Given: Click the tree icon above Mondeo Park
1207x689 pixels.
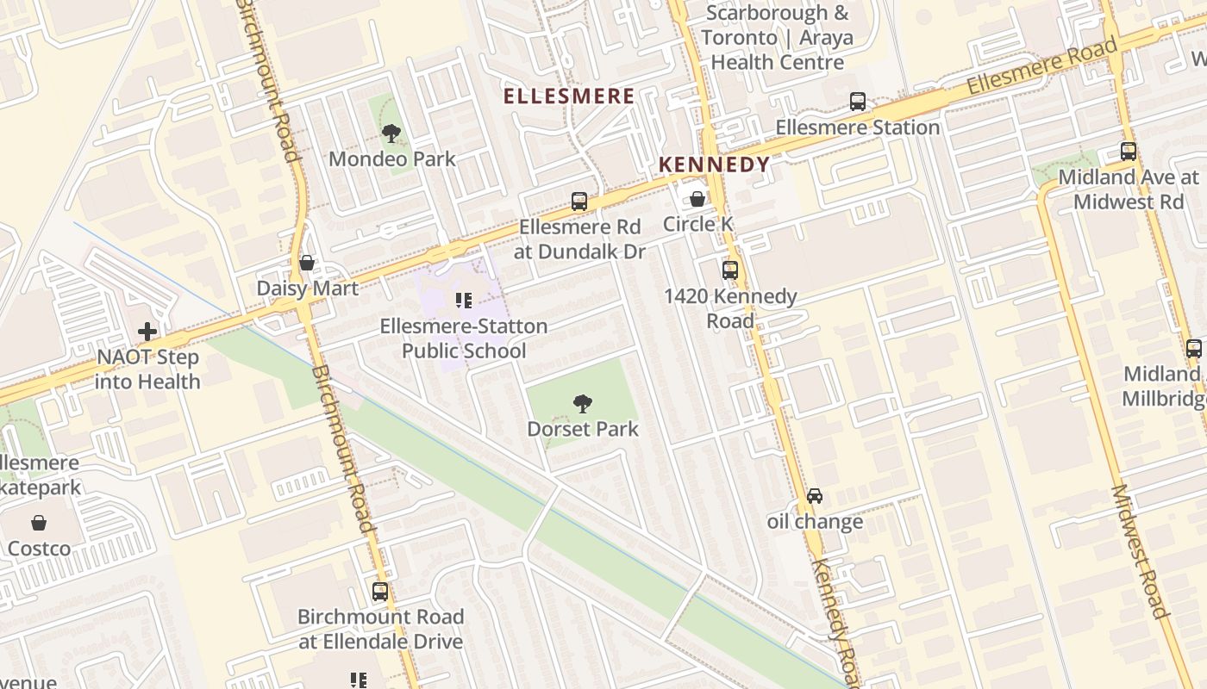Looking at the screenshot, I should click(x=391, y=133).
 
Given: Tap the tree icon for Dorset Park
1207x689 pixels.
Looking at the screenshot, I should click(x=583, y=403).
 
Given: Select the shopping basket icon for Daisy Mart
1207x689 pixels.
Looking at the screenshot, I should click(x=307, y=263).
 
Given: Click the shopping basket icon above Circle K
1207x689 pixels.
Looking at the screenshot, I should click(x=697, y=199).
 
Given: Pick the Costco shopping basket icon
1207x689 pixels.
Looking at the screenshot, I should click(x=39, y=523).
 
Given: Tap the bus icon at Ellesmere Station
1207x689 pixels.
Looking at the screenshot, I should click(x=857, y=102).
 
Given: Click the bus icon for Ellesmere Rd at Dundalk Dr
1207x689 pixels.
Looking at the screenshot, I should click(x=579, y=202).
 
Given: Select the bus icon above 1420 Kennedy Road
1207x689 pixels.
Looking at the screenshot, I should click(x=730, y=270).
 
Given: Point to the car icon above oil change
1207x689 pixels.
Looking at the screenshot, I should click(x=815, y=496).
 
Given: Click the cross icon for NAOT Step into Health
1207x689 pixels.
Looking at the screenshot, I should click(x=147, y=331).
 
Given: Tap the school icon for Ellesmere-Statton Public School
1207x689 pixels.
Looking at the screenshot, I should click(x=464, y=301).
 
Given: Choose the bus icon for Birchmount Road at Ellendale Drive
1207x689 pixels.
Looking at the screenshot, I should click(x=380, y=592).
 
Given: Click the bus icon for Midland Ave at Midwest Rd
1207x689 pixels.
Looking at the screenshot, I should click(x=1129, y=152).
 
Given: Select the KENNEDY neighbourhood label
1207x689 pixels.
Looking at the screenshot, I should click(x=714, y=164).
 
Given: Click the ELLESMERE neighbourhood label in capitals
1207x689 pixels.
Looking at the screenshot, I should click(x=569, y=96).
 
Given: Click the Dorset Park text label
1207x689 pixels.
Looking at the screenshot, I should click(x=583, y=429).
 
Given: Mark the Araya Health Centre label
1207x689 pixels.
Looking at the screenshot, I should click(x=777, y=39).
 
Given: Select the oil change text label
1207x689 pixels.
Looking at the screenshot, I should click(x=815, y=522).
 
